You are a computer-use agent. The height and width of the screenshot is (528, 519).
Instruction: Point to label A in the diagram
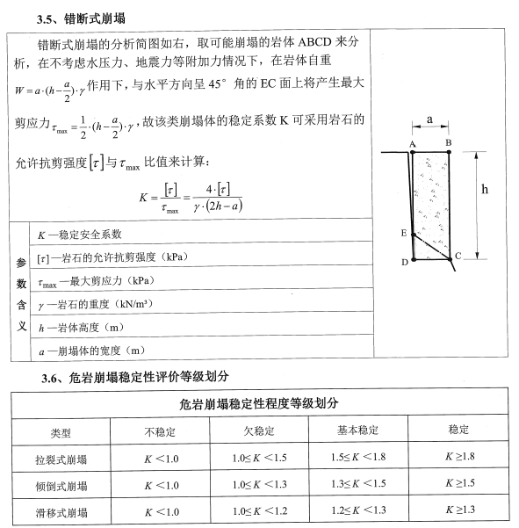[x=413, y=143]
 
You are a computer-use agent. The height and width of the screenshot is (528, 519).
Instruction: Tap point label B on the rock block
[x=449, y=142]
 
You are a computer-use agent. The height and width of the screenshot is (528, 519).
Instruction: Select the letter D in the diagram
[x=404, y=262]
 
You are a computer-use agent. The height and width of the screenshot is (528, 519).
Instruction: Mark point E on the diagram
[x=403, y=233]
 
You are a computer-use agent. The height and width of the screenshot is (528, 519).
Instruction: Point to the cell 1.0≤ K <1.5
[x=259, y=459]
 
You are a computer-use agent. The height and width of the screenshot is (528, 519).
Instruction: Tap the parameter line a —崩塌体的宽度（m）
[x=90, y=351]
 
